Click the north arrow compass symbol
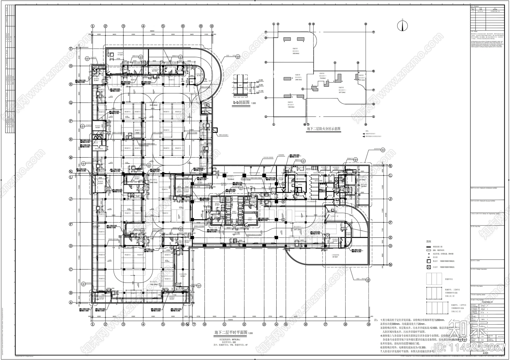coord(403,25)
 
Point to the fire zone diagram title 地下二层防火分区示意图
coord(324,129)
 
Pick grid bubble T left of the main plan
coord(71,49)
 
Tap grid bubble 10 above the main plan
coord(212,26)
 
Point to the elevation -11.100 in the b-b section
coord(261,91)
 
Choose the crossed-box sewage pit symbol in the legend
coord(429,267)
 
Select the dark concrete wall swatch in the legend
coord(429,247)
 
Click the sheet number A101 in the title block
coord(485,353)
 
